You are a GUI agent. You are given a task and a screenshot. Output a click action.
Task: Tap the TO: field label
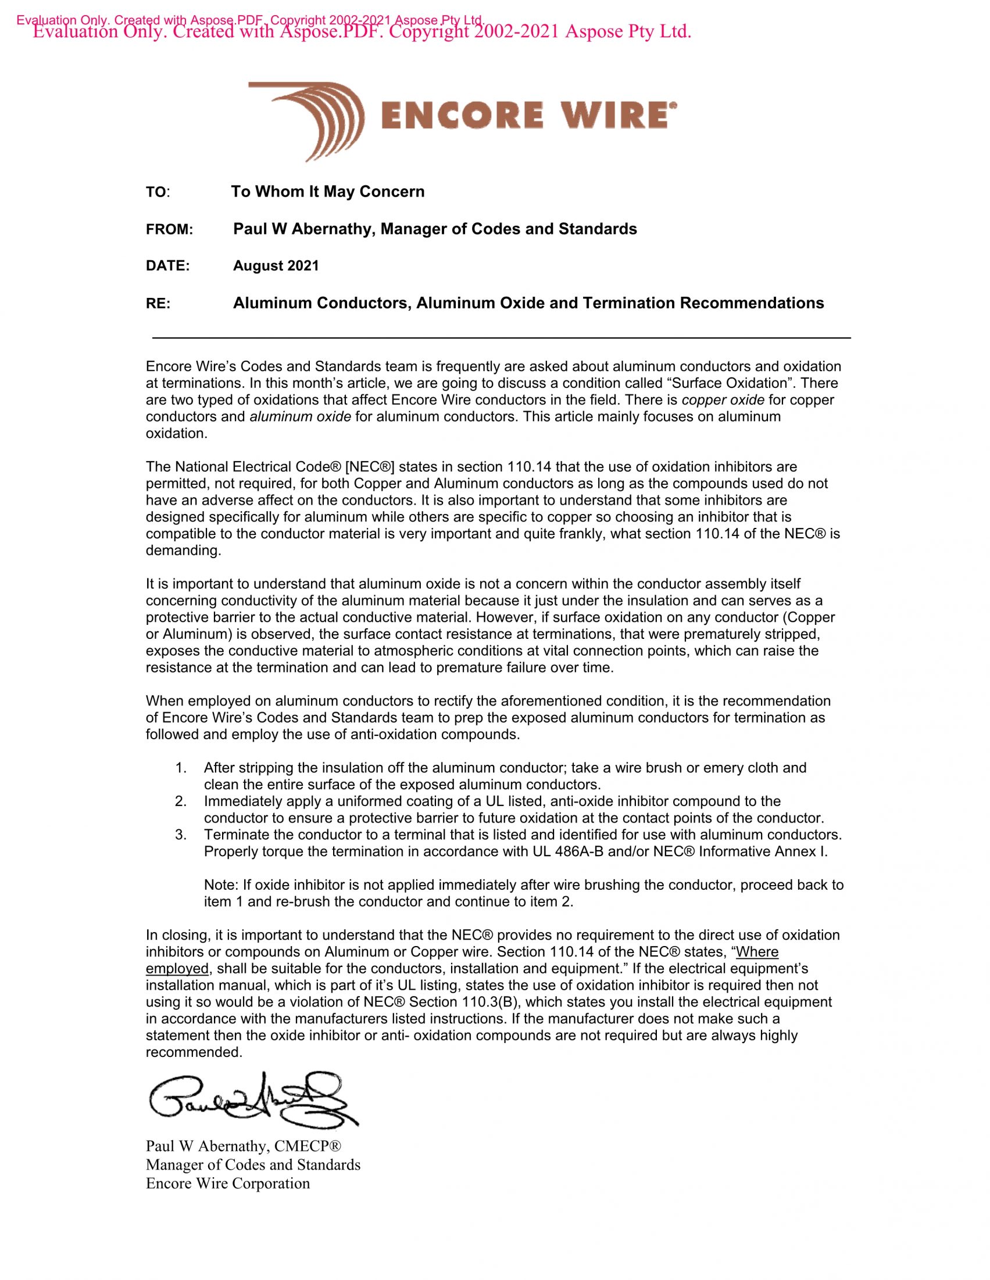tap(157, 192)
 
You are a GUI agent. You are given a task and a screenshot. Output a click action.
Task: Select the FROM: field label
tap(169, 230)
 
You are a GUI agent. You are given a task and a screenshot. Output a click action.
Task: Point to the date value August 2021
tap(276, 266)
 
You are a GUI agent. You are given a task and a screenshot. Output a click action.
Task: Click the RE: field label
tap(158, 304)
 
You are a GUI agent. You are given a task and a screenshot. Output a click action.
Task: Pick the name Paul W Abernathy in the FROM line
tap(303, 229)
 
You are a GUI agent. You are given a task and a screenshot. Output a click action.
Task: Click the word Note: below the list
tap(221, 885)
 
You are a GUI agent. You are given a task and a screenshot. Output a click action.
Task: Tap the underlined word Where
tap(757, 952)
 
